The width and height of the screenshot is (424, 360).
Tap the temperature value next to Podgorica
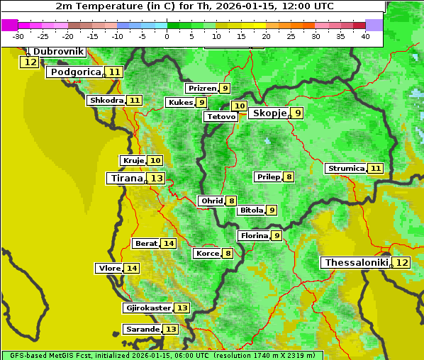tap(114, 72)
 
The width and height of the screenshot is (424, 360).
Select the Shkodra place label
tap(106, 101)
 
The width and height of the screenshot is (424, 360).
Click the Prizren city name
tap(202, 89)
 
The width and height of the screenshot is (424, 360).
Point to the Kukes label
tap(180, 103)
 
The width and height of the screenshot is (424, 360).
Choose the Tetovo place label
tap(221, 116)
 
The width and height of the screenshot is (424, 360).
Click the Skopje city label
tap(269, 113)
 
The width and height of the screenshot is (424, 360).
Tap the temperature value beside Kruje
tap(155, 161)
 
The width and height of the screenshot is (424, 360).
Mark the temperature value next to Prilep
tap(289, 176)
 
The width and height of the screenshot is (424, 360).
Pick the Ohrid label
tap(211, 201)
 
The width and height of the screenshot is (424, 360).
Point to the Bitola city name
tap(251, 210)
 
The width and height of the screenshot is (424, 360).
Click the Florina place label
tap(254, 235)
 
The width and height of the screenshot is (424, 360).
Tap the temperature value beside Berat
tap(168, 244)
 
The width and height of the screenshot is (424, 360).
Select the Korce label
tap(207, 254)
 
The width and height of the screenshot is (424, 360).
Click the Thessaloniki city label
tap(356, 262)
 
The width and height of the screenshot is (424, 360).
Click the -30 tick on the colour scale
tap(18, 36)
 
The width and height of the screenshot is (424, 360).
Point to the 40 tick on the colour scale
tap(365, 36)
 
